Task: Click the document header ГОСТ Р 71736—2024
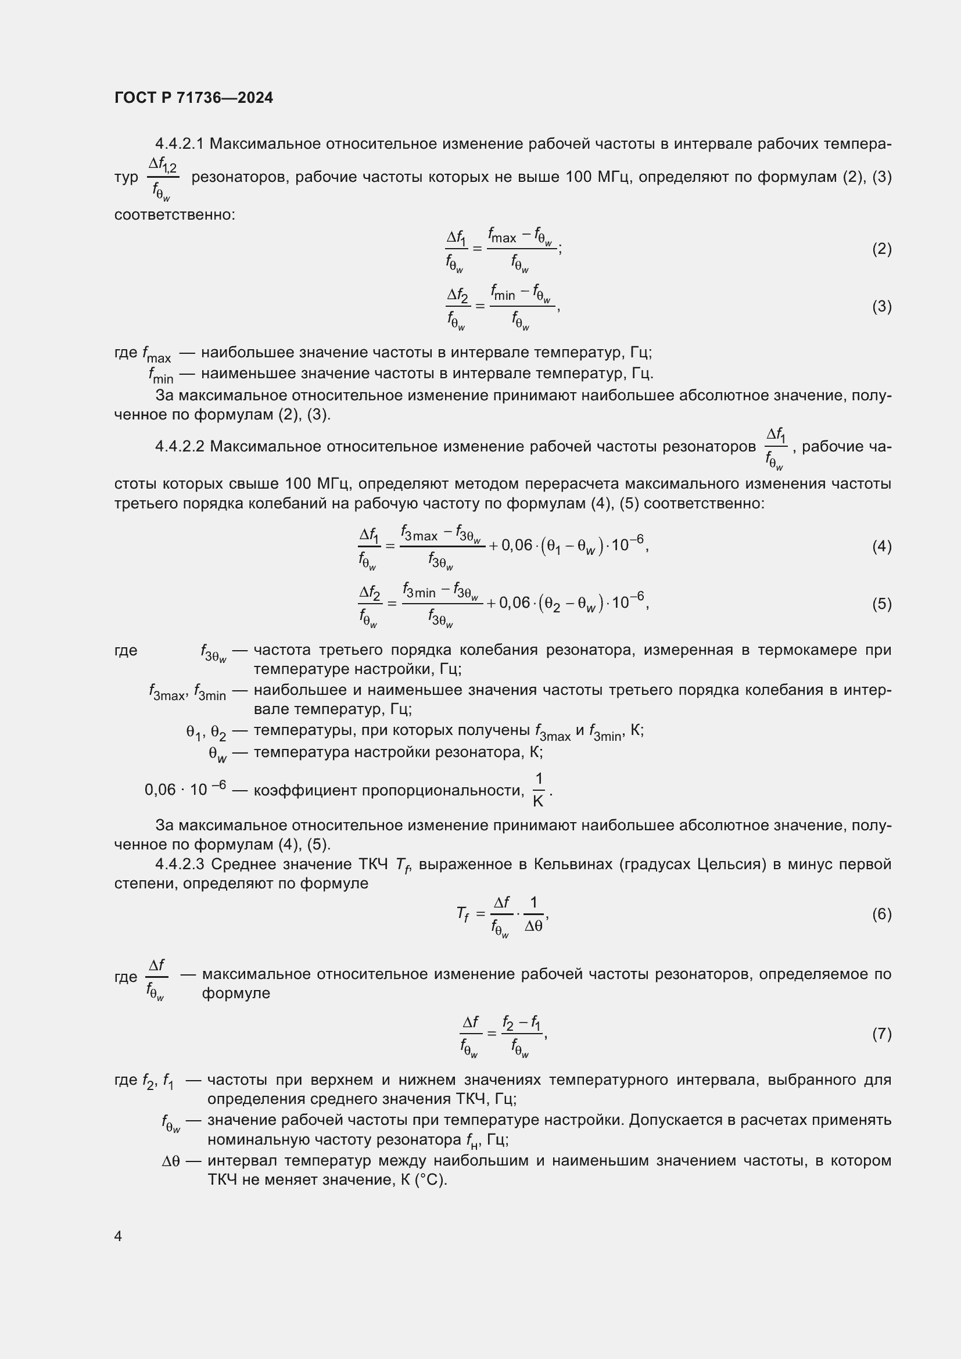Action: (193, 98)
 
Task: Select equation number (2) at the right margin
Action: (882, 249)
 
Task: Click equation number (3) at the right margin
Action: (882, 306)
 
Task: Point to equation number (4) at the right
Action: (882, 546)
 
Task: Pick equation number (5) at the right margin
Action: (882, 604)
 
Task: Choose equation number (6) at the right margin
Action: (882, 914)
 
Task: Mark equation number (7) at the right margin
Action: (882, 1034)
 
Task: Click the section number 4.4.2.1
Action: (180, 144)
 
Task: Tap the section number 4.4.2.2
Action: (180, 446)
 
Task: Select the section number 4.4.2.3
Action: (180, 864)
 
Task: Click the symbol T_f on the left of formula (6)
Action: (462, 915)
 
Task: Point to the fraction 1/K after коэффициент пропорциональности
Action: (539, 790)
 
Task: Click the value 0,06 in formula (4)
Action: (517, 545)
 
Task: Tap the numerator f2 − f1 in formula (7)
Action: (521, 1022)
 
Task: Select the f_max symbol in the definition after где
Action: (156, 354)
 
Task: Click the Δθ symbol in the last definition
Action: (170, 1161)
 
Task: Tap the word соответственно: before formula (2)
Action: (174, 214)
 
